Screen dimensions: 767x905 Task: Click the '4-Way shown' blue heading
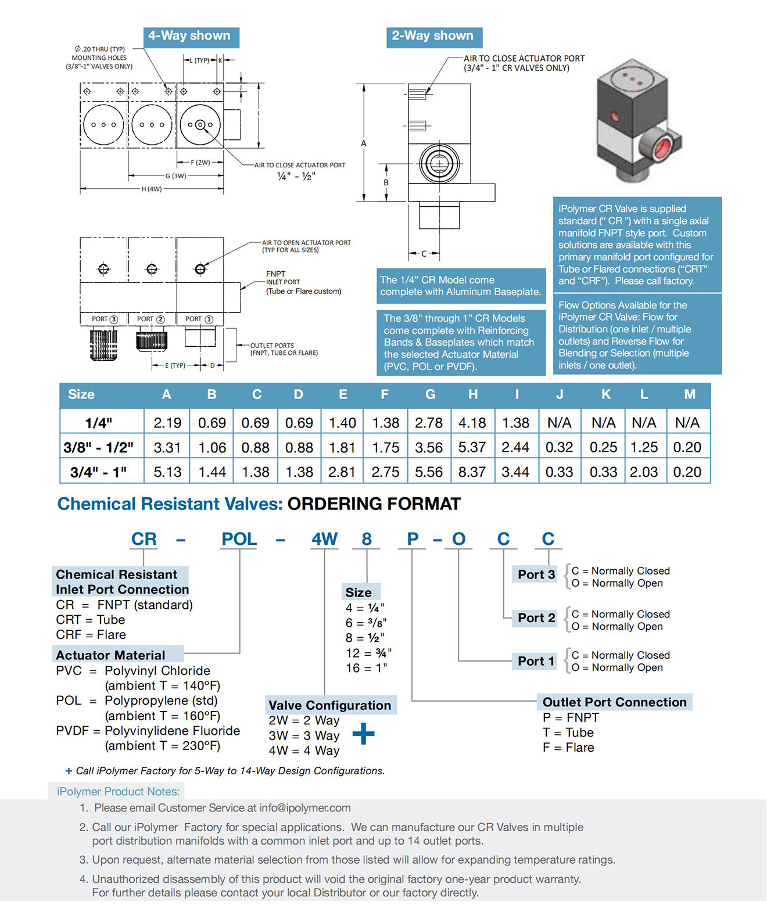[x=191, y=37]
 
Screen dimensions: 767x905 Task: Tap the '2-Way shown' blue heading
[x=434, y=37]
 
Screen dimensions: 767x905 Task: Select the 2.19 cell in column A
[x=167, y=422]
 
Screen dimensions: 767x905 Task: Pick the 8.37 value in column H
[x=472, y=472]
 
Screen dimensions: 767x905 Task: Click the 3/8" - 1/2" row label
[x=98, y=447]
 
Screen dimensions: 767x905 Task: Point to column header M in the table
[x=690, y=394]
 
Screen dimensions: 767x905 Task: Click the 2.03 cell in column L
[x=644, y=472]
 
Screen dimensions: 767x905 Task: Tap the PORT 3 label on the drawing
[x=104, y=319]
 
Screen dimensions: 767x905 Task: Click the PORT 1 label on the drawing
[x=199, y=319]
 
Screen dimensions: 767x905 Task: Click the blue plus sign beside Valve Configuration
[x=363, y=734]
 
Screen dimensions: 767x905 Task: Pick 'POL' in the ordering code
[x=239, y=539]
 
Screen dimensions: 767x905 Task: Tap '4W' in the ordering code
[x=325, y=539]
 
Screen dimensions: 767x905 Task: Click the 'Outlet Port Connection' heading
[x=615, y=702]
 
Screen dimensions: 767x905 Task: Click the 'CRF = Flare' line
[x=91, y=634]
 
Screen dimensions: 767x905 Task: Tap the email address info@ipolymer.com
[x=305, y=808]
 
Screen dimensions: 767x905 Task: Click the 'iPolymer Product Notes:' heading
[x=119, y=792]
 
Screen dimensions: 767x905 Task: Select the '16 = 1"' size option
[x=367, y=668]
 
